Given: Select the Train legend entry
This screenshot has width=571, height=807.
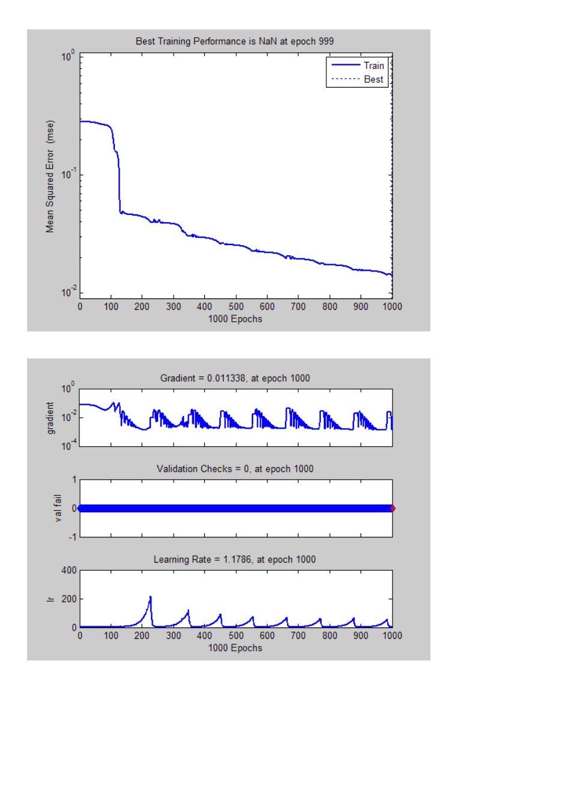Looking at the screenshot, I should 373,65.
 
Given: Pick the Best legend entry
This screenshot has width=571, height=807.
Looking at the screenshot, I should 373,79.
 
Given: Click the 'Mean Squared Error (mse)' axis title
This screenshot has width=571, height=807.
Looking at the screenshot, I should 50,177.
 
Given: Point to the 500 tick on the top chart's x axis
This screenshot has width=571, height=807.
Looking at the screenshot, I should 236,306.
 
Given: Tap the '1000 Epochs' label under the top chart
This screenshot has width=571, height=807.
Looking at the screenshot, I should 235,319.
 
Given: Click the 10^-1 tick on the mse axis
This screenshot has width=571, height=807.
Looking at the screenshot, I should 69,174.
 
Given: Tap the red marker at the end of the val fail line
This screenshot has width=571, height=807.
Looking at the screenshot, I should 392,509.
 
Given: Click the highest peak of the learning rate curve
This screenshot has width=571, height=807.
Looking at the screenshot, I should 150,597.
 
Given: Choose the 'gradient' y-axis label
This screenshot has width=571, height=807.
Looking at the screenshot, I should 50,418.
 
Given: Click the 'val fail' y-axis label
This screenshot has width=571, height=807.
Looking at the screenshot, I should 58,508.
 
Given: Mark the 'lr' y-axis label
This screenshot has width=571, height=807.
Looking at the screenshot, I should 50,599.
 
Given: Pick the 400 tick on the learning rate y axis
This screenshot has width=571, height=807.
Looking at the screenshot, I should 69,570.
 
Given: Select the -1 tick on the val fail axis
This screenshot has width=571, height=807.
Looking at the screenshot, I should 72,537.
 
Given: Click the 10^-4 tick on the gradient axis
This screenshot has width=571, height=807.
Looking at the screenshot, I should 68,446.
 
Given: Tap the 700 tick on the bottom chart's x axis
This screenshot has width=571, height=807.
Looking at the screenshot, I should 298,635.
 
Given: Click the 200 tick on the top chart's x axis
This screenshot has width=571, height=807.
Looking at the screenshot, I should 142,306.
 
